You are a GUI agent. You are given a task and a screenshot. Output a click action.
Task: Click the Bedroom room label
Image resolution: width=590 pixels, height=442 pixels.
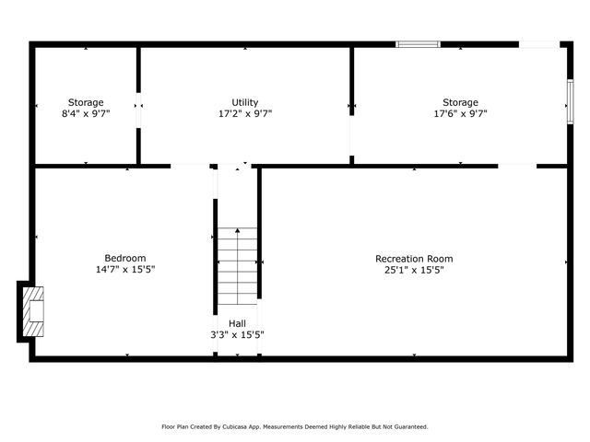[125, 258]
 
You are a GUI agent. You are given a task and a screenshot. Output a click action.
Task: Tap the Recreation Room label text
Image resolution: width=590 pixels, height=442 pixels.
[414, 259]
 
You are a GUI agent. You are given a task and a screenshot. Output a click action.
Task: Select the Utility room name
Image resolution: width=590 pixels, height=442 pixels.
[245, 102]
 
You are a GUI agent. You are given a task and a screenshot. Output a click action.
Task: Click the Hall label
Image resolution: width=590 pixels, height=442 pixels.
[237, 323]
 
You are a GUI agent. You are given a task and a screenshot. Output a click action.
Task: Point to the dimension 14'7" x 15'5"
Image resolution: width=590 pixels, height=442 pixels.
[125, 270]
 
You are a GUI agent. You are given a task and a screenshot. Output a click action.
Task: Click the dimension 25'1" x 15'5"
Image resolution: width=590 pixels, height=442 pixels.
[414, 271]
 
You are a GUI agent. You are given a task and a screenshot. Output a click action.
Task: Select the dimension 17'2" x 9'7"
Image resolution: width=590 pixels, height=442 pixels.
[245, 114]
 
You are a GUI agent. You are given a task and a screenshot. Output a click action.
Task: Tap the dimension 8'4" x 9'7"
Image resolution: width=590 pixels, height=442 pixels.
[86, 114]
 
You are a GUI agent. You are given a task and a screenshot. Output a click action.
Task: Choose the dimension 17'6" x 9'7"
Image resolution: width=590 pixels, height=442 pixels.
[460, 114]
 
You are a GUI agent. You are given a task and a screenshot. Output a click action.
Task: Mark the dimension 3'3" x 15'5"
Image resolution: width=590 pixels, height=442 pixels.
[237, 335]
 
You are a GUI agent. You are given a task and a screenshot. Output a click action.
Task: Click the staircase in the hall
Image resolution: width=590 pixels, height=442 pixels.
[237, 266]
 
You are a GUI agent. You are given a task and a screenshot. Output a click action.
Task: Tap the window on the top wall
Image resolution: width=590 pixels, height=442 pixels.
[418, 43]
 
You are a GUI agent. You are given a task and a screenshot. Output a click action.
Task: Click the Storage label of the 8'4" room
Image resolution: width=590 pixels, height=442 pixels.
[86, 102]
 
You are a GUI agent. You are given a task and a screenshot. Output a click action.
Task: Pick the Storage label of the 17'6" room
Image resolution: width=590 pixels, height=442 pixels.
[460, 102]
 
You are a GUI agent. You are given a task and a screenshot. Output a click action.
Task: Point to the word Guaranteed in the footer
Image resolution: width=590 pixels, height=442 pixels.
[407, 426]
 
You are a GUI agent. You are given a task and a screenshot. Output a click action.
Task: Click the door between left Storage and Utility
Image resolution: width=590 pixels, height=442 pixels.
[138, 110]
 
